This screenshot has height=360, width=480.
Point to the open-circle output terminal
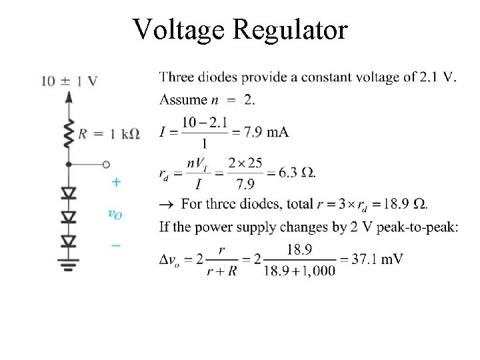tap(105, 164)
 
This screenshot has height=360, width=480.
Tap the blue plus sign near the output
tap(116, 181)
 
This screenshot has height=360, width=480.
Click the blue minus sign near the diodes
tap(116, 245)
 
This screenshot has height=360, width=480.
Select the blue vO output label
tap(115, 213)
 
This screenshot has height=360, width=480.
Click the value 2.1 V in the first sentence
tap(438, 77)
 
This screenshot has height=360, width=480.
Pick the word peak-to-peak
tap(417, 227)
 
